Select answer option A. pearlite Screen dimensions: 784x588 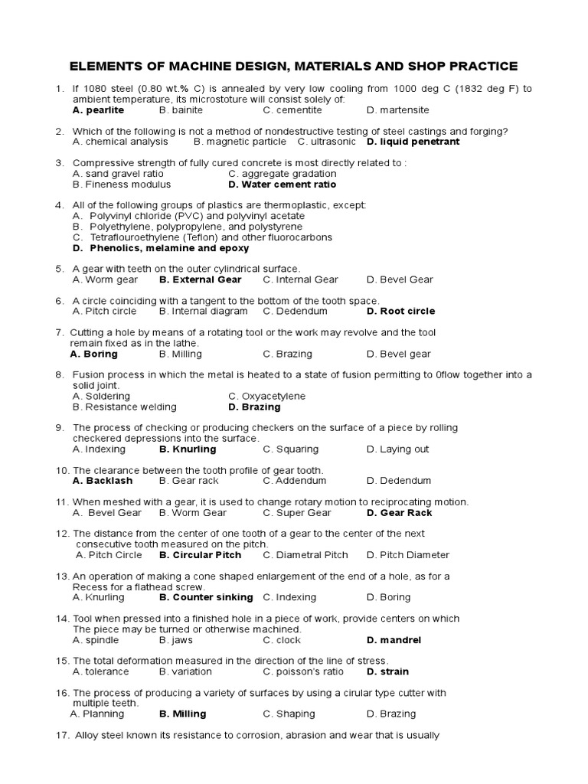point(98,110)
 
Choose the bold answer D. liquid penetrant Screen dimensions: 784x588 point(413,142)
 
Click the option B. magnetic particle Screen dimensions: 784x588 point(240,142)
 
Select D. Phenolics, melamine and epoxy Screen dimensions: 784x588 point(161,248)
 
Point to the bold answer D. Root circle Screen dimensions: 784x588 point(400,311)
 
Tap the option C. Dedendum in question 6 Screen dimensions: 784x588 point(295,311)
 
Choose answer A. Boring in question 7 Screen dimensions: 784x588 point(93,354)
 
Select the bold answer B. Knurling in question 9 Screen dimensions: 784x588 point(188,449)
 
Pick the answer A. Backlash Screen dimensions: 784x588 point(103,481)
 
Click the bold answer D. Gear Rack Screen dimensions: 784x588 point(399,513)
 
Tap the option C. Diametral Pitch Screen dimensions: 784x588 point(305,555)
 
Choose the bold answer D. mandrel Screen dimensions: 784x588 point(394,640)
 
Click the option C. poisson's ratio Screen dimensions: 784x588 point(303,671)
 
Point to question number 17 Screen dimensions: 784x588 point(63,736)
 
